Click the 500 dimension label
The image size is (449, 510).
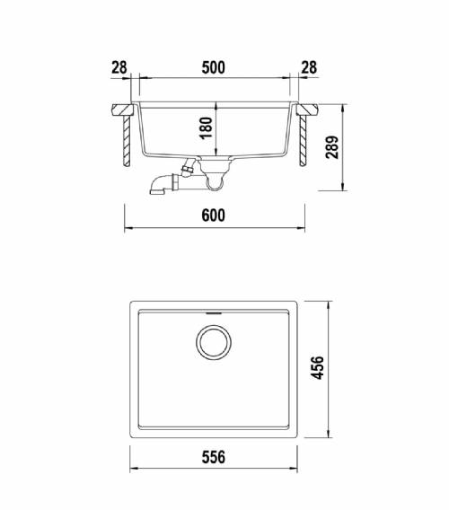[213, 67]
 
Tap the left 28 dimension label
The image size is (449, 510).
[119, 67]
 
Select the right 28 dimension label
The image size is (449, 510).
[309, 67]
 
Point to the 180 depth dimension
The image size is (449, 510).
[206, 128]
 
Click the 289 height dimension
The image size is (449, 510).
[332, 147]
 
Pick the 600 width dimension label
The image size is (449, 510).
[213, 215]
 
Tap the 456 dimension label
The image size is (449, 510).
[318, 368]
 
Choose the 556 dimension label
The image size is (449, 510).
[214, 457]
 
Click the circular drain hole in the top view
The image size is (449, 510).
[214, 325]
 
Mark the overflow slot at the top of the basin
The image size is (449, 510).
[214, 313]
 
